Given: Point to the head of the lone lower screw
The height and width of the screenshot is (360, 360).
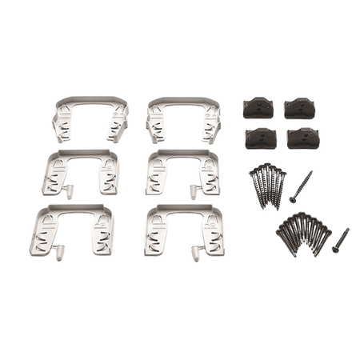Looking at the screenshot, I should [x=348, y=229].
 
